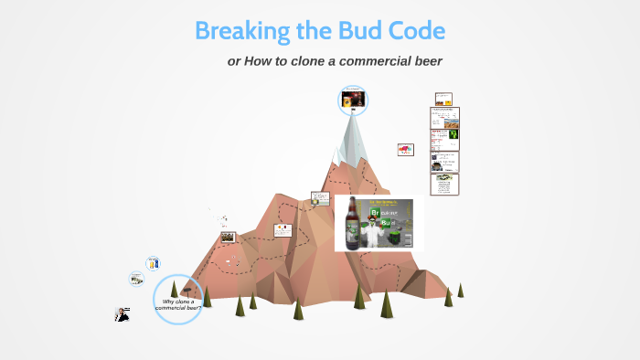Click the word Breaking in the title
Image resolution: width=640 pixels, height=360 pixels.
[242, 31]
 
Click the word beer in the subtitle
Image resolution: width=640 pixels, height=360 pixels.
[424, 61]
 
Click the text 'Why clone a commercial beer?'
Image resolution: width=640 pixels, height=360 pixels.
[178, 305]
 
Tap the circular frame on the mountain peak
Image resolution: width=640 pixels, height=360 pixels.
[353, 101]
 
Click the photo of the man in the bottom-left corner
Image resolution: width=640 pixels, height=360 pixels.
[122, 314]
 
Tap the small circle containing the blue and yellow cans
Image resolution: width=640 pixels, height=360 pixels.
[154, 264]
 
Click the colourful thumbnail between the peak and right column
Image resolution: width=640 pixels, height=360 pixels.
[405, 149]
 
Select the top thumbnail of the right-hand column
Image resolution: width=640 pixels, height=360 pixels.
[443, 99]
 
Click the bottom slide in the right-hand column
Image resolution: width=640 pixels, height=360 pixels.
[444, 184]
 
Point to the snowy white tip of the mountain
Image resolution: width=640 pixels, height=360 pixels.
[352, 132]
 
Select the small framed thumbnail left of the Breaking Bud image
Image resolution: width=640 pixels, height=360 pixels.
[320, 197]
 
